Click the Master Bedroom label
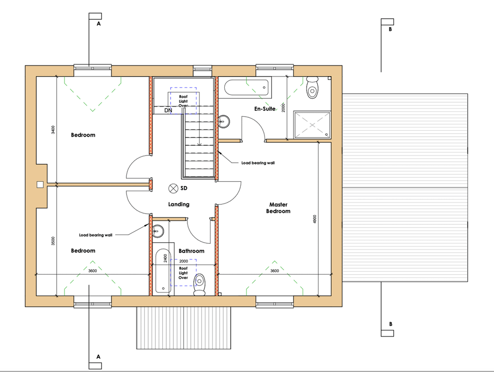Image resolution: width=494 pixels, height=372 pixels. pyautogui.click(x=278, y=208)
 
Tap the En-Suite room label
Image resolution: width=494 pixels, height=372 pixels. pyautogui.click(x=265, y=108)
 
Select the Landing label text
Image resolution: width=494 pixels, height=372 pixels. pyautogui.click(x=179, y=204)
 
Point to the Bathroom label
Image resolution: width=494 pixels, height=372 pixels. pyautogui.click(x=191, y=251)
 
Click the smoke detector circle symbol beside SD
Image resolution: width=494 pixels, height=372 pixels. pyautogui.click(x=173, y=188)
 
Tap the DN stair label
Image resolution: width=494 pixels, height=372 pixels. pyautogui.click(x=168, y=110)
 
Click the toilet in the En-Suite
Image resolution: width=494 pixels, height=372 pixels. pyautogui.click(x=312, y=87)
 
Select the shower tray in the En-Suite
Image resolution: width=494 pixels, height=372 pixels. pyautogui.click(x=312, y=125)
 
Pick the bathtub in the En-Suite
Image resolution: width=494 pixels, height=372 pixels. pyautogui.click(x=247, y=88)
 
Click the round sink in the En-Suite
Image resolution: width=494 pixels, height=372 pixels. pyautogui.click(x=224, y=122)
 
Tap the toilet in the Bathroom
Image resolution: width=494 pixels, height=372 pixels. pyautogui.click(x=200, y=284)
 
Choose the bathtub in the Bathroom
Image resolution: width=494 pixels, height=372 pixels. pyautogui.click(x=163, y=271)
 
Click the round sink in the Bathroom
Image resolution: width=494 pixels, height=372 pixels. pyautogui.click(x=158, y=232)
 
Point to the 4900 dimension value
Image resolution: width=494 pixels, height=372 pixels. pyautogui.click(x=315, y=219)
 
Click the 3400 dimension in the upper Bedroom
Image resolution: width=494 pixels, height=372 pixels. pyautogui.click(x=53, y=130)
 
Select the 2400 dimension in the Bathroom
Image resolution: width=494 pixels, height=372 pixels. pyautogui.click(x=166, y=258)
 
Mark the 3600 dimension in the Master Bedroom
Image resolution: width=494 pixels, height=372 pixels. pyautogui.click(x=275, y=271)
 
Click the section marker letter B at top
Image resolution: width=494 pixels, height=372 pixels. pyautogui.click(x=390, y=29)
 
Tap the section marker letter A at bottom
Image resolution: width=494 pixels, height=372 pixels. pyautogui.click(x=98, y=357)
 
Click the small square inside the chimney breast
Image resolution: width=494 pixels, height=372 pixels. pyautogui.click(x=40, y=185)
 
